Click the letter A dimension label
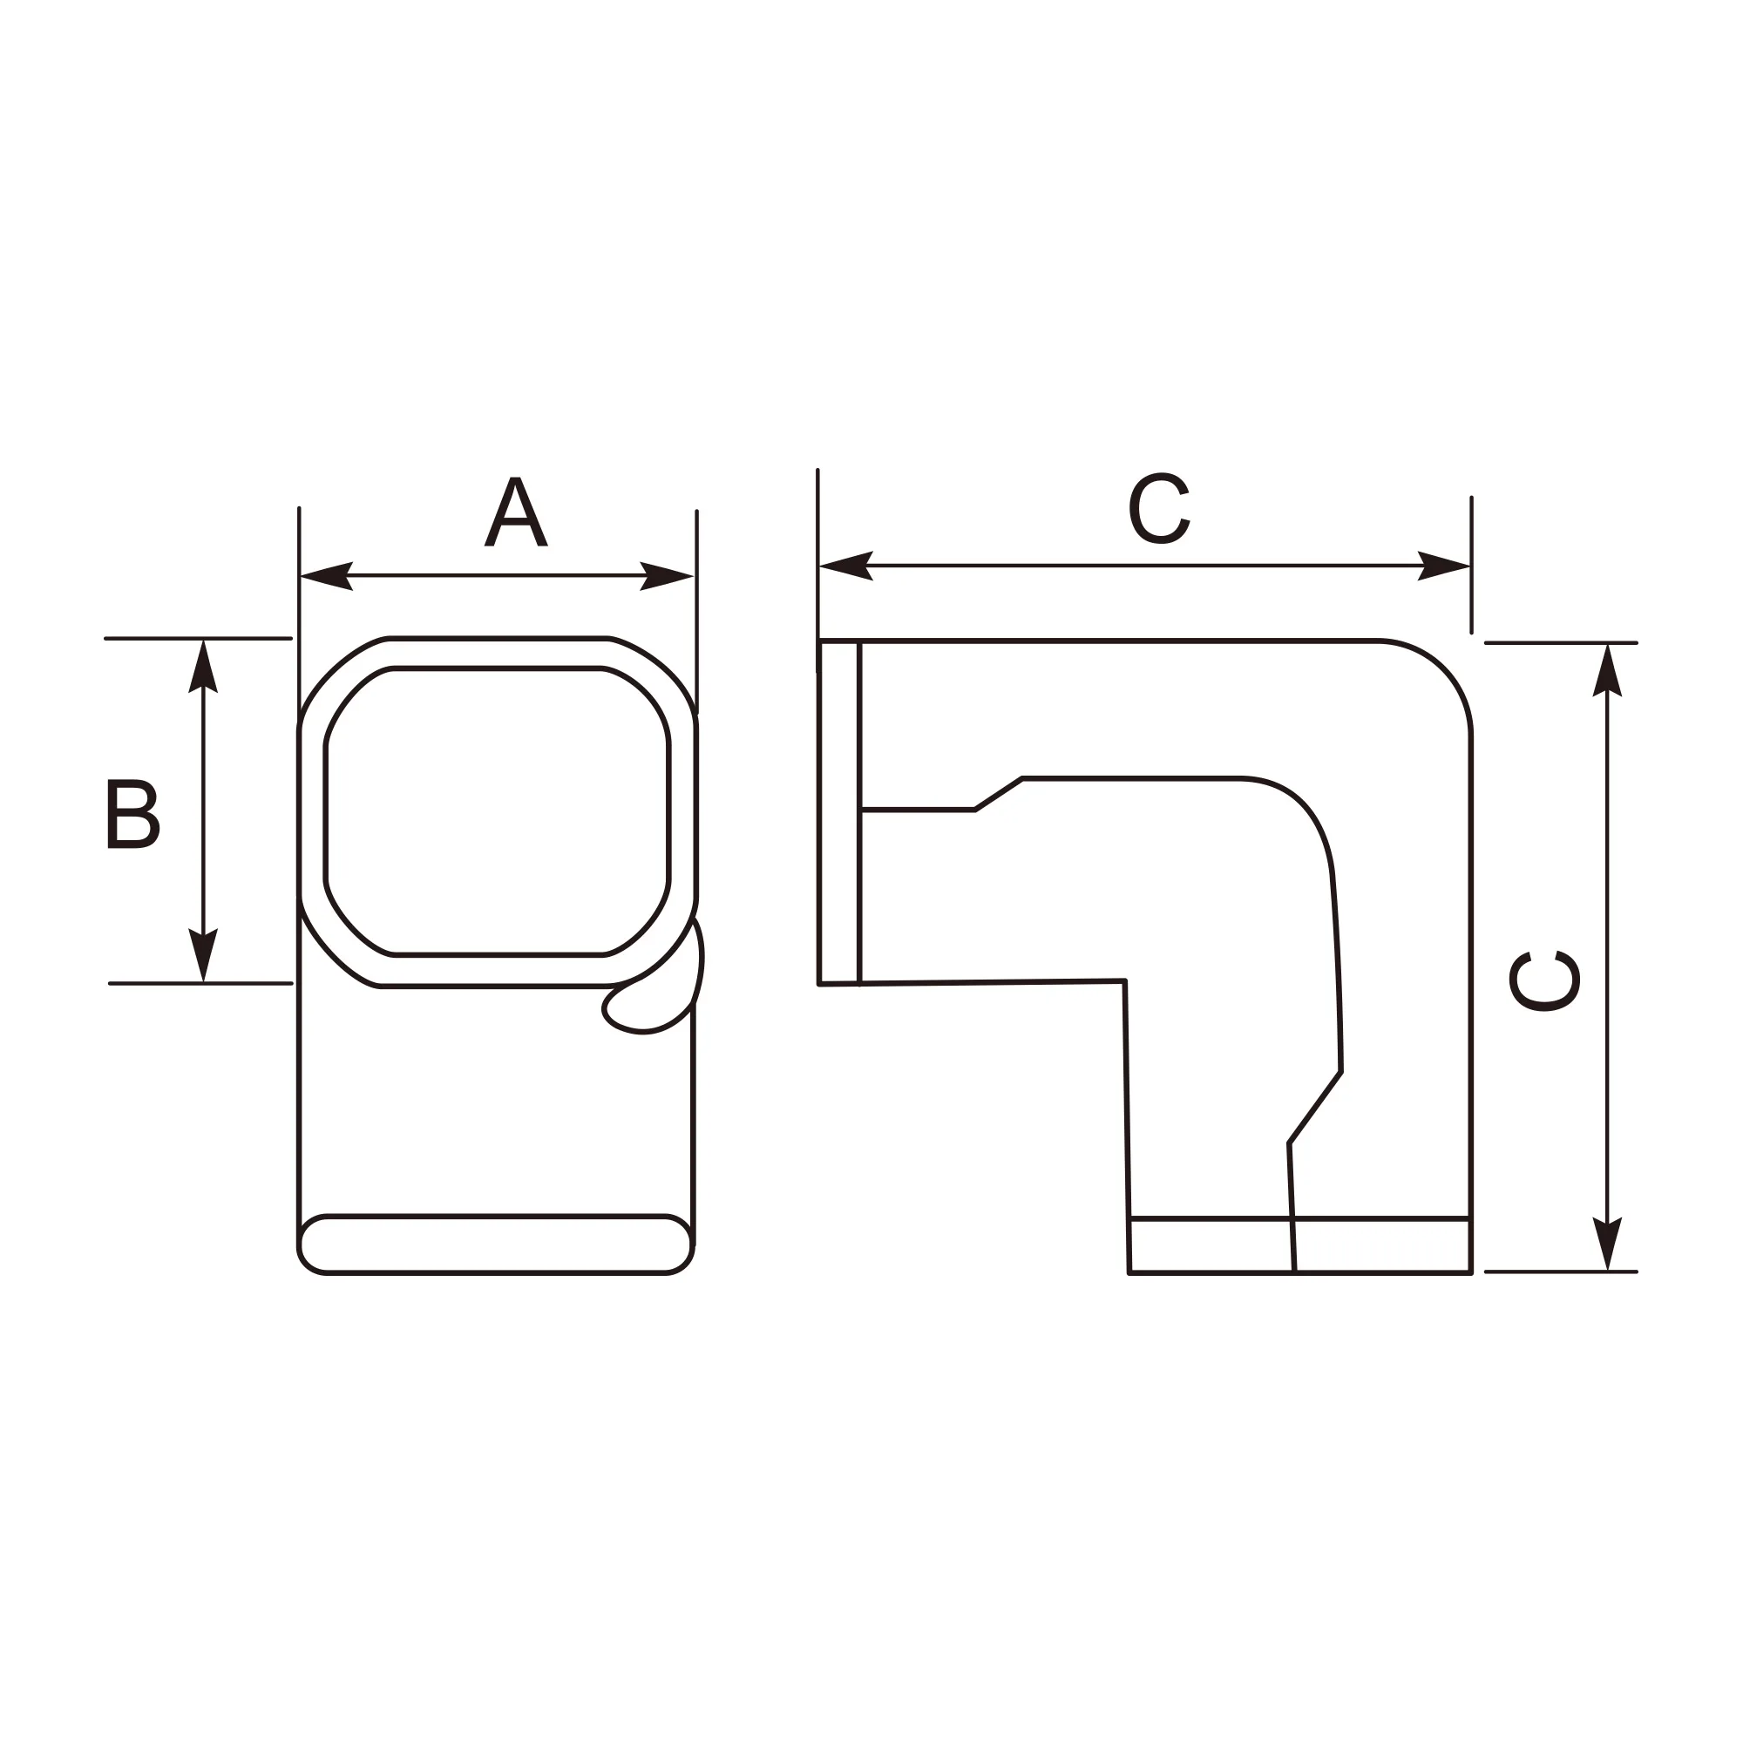[x=515, y=512]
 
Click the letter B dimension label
[x=132, y=813]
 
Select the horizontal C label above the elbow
[x=1159, y=509]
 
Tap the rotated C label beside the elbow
[x=1544, y=980]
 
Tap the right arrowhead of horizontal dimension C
[x=1444, y=566]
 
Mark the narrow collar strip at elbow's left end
[x=839, y=812]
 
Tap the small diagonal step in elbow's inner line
[x=999, y=794]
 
